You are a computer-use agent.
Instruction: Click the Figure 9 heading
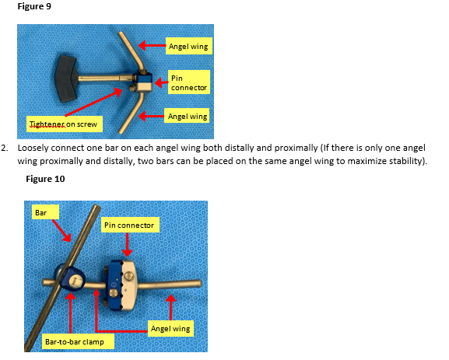pos(34,6)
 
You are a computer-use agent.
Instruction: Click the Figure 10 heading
pos(45,179)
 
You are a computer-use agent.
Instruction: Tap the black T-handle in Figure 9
pos(67,79)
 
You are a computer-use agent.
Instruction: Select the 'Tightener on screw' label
pos(64,124)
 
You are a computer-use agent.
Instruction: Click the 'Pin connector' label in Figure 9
pos(189,82)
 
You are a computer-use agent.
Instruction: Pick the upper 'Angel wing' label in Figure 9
pos(189,46)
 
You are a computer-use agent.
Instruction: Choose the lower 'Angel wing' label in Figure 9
pos(187,116)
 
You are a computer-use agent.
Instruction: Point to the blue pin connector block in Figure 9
pos(142,82)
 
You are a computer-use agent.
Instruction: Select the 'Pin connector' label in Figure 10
pos(130,225)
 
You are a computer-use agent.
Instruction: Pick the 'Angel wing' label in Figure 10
pos(170,328)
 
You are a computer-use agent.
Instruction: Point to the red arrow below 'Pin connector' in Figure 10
pos(127,244)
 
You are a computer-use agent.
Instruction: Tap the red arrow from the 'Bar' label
pos(61,231)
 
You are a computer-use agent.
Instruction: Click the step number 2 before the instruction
pos(5,148)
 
